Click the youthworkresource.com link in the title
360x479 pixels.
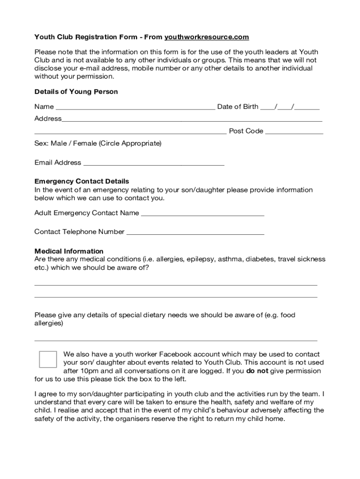click(x=207, y=37)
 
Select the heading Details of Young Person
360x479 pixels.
click(x=76, y=92)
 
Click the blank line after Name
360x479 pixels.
click(x=135, y=108)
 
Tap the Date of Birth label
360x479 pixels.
click(x=238, y=107)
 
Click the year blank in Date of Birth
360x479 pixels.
click(x=308, y=108)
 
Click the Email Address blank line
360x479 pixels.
click(x=153, y=164)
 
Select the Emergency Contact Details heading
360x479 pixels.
click(x=82, y=181)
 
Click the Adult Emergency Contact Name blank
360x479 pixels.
click(x=202, y=214)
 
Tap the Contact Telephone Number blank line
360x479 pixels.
click(x=195, y=233)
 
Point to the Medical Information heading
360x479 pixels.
click(x=69, y=251)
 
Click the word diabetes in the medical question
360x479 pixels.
click(x=260, y=259)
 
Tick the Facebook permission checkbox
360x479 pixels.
click(x=48, y=359)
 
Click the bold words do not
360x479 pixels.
click(x=257, y=371)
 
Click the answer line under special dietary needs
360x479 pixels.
click(x=176, y=340)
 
